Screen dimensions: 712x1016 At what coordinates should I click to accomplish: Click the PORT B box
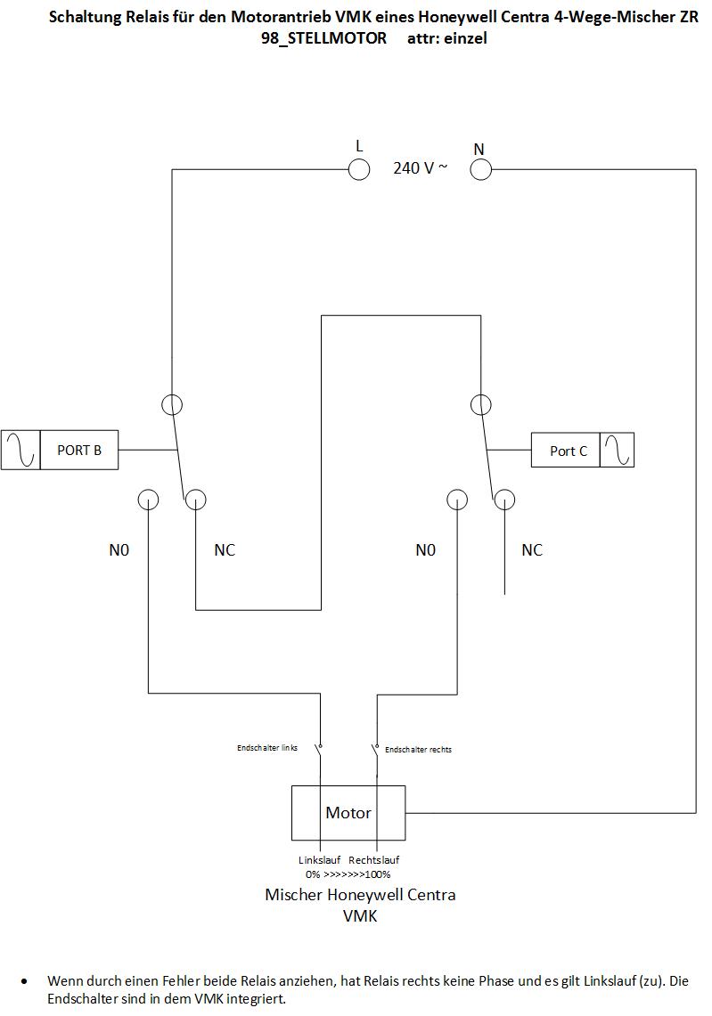point(79,450)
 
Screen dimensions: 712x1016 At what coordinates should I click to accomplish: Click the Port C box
point(566,451)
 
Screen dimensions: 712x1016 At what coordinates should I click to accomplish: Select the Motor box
point(348,813)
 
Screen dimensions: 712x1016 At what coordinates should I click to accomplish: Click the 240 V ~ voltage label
point(421,167)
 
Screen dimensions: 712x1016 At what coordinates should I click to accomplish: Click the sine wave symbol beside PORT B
point(20,450)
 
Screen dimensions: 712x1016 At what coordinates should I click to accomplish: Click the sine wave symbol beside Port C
point(618,451)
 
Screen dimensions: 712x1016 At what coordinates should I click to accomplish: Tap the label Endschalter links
point(267,748)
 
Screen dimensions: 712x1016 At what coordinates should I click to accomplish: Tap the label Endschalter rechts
point(418,750)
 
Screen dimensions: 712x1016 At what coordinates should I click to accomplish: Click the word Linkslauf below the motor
point(319,860)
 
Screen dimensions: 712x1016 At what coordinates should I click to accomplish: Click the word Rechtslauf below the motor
point(374,860)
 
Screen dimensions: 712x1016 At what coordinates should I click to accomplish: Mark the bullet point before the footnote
point(25,981)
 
